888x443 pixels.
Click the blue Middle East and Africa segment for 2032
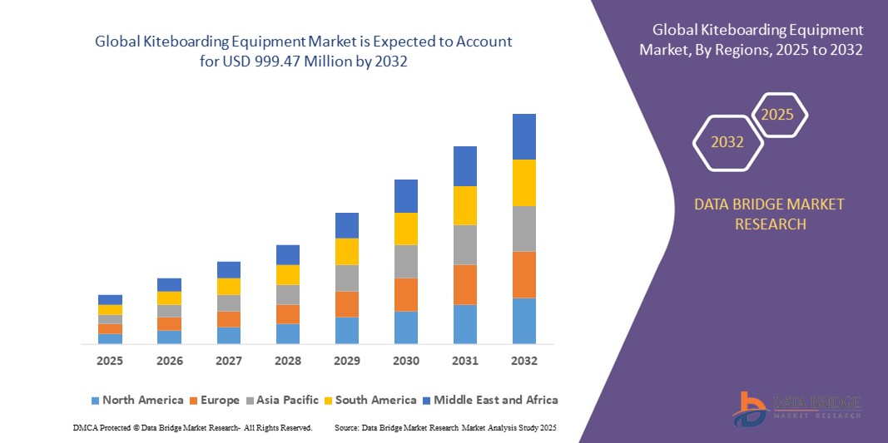tap(524, 136)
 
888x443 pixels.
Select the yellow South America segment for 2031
tap(465, 205)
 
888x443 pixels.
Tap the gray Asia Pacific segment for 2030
tap(406, 261)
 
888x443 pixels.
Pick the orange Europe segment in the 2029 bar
tap(347, 304)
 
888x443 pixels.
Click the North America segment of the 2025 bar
tap(110, 338)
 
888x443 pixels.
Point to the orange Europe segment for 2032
tap(524, 274)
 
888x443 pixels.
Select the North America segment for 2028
tap(288, 333)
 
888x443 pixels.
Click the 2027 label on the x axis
tap(229, 362)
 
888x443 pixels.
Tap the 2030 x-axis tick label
tap(406, 362)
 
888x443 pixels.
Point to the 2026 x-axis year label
tap(170, 362)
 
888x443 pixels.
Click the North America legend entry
tap(136, 400)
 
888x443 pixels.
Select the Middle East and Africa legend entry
tap(489, 400)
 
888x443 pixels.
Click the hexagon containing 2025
tap(778, 115)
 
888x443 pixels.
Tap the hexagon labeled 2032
tap(727, 142)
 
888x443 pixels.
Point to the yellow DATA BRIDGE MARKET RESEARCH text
tap(769, 214)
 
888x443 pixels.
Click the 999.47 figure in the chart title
tap(280, 62)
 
